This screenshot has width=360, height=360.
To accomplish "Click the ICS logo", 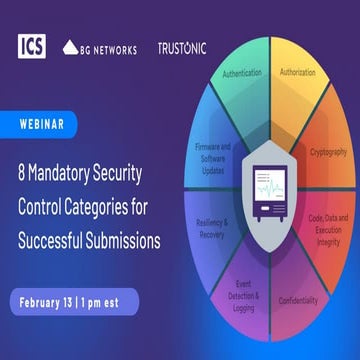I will [x=32, y=46].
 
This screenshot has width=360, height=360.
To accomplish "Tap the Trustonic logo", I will [x=182, y=47].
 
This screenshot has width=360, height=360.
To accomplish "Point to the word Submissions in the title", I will [x=143, y=213].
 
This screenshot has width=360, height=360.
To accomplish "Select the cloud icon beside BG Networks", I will [x=70, y=47].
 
